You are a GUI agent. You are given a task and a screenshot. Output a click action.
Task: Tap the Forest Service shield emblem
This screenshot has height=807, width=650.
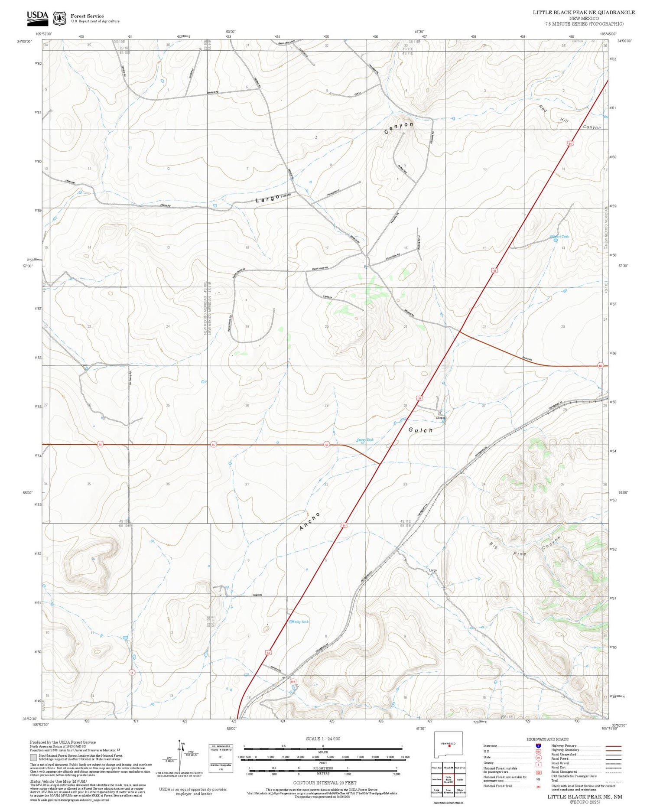(x=59, y=18)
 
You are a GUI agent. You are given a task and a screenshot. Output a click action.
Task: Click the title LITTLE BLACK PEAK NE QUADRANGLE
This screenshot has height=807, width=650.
(x=583, y=12)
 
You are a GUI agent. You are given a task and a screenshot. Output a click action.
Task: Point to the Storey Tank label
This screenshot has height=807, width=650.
(x=365, y=439)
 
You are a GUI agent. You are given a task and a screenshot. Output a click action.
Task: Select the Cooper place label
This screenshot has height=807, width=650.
(x=440, y=418)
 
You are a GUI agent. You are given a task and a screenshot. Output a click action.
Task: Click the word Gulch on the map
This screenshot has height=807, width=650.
(x=420, y=430)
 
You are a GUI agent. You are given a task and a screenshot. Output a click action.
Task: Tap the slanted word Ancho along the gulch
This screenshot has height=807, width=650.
(x=310, y=521)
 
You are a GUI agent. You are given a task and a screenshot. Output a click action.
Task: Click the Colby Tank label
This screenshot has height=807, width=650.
(x=299, y=622)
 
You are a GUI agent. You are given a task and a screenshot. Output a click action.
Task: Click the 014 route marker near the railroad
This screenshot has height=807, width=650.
(x=293, y=681)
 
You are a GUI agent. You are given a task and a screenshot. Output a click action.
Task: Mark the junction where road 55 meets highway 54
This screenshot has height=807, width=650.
(x=380, y=464)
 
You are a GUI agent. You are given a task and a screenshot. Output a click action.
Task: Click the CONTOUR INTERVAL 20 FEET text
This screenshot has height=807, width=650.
(x=325, y=782)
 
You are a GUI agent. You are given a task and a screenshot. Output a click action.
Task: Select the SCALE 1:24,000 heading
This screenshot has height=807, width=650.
(x=323, y=739)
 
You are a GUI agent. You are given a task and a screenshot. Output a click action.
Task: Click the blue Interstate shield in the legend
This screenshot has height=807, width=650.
(x=538, y=745)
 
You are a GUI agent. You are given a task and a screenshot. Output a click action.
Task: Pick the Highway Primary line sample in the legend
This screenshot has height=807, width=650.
(x=611, y=746)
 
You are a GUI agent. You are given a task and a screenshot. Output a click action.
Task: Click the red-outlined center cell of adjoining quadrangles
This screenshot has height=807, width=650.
(x=448, y=779)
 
